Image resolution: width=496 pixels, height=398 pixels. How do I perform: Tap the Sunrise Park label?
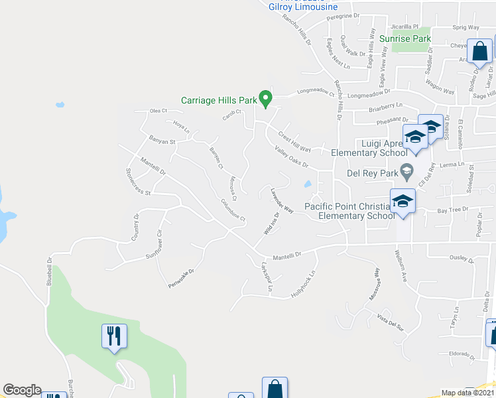(x=404, y=39)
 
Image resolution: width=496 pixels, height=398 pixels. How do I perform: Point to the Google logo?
(x=22, y=390)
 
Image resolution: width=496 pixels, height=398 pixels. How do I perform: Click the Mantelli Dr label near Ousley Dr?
(x=286, y=255)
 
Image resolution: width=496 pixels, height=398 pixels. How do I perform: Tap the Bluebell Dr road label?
(x=49, y=271)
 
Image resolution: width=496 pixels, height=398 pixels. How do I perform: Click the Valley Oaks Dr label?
(x=292, y=157)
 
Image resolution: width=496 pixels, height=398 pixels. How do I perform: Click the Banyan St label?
(x=161, y=141)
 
